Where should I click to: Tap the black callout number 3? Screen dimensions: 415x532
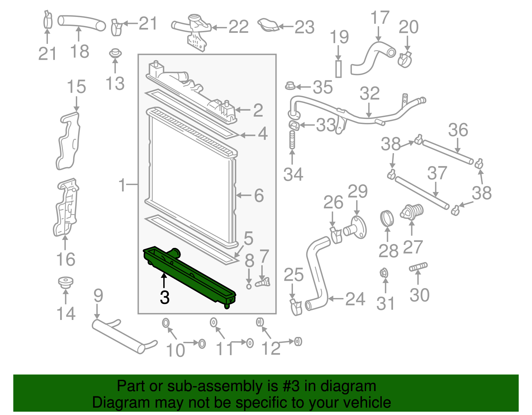tap(165, 297)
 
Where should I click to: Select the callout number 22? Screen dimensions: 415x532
tap(238, 27)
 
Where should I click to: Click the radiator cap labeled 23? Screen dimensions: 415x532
tap(268, 25)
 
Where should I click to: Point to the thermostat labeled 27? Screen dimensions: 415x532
tap(412, 212)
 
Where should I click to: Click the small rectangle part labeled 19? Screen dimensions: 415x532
tap(338, 69)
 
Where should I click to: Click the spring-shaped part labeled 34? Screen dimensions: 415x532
tap(292, 140)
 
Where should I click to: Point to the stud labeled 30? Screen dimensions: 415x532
tap(418, 267)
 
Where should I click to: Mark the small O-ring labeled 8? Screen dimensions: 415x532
tap(249, 286)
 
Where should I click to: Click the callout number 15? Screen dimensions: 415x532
tap(76, 87)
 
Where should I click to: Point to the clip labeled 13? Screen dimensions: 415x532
tap(115, 53)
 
